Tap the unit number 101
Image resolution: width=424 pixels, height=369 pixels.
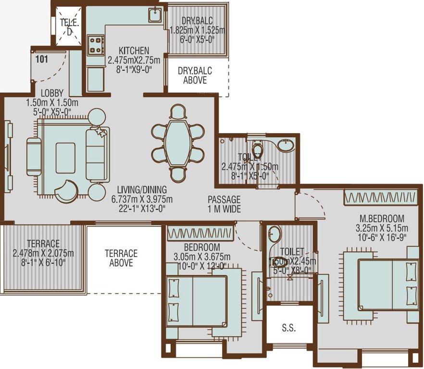[42, 59]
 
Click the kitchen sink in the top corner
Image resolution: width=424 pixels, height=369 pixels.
[155, 15]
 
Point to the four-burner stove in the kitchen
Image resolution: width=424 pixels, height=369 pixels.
[96, 45]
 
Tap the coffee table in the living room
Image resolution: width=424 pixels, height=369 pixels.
[65, 158]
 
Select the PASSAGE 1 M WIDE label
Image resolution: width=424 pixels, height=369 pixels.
[224, 204]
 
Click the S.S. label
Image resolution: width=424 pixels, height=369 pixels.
[288, 329]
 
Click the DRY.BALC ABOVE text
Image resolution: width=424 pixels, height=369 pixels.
[195, 75]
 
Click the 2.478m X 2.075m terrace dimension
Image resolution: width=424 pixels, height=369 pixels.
[43, 253]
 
